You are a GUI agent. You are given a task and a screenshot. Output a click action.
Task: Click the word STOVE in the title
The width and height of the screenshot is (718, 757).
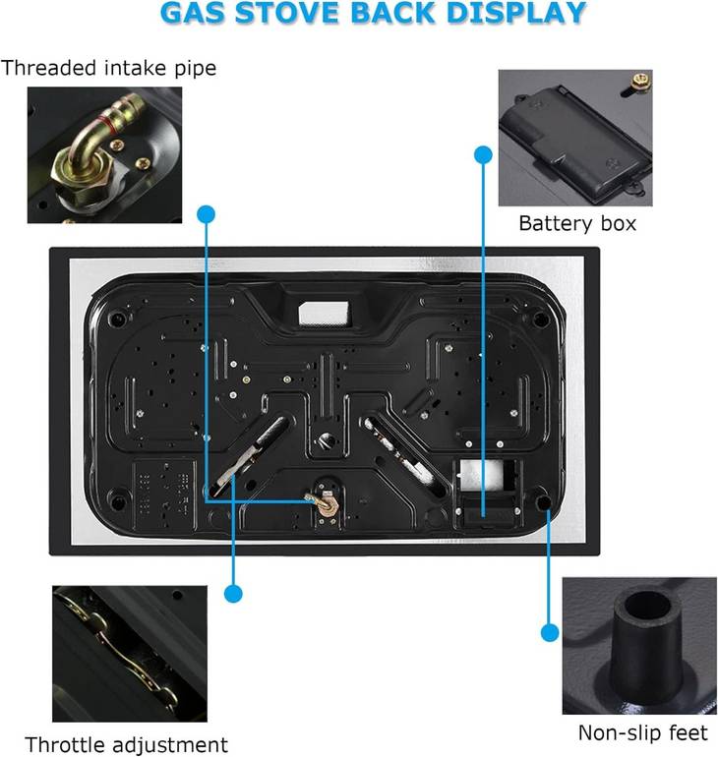tap(287, 13)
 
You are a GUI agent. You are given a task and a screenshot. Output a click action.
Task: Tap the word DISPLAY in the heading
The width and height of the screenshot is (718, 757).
tap(515, 13)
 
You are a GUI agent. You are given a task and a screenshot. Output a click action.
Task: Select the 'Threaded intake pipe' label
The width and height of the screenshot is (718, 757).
tap(108, 68)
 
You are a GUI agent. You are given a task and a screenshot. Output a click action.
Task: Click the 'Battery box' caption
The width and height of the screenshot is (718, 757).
tap(577, 223)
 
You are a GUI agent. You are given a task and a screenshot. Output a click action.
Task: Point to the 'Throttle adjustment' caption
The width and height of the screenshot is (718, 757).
tap(126, 745)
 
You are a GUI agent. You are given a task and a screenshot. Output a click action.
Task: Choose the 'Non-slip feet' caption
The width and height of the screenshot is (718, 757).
tap(642, 732)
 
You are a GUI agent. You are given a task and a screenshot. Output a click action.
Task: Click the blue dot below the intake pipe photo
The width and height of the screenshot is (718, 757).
tap(207, 214)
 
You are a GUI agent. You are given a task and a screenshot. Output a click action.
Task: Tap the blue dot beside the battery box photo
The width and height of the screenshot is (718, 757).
tap(483, 155)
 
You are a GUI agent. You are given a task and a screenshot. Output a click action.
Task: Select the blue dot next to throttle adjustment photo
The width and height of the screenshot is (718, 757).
tap(233, 594)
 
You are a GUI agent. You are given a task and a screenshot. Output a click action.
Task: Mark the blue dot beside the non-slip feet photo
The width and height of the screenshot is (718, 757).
tap(550, 632)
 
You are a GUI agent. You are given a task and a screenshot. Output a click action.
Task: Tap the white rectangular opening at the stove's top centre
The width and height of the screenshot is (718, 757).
tap(324, 313)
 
